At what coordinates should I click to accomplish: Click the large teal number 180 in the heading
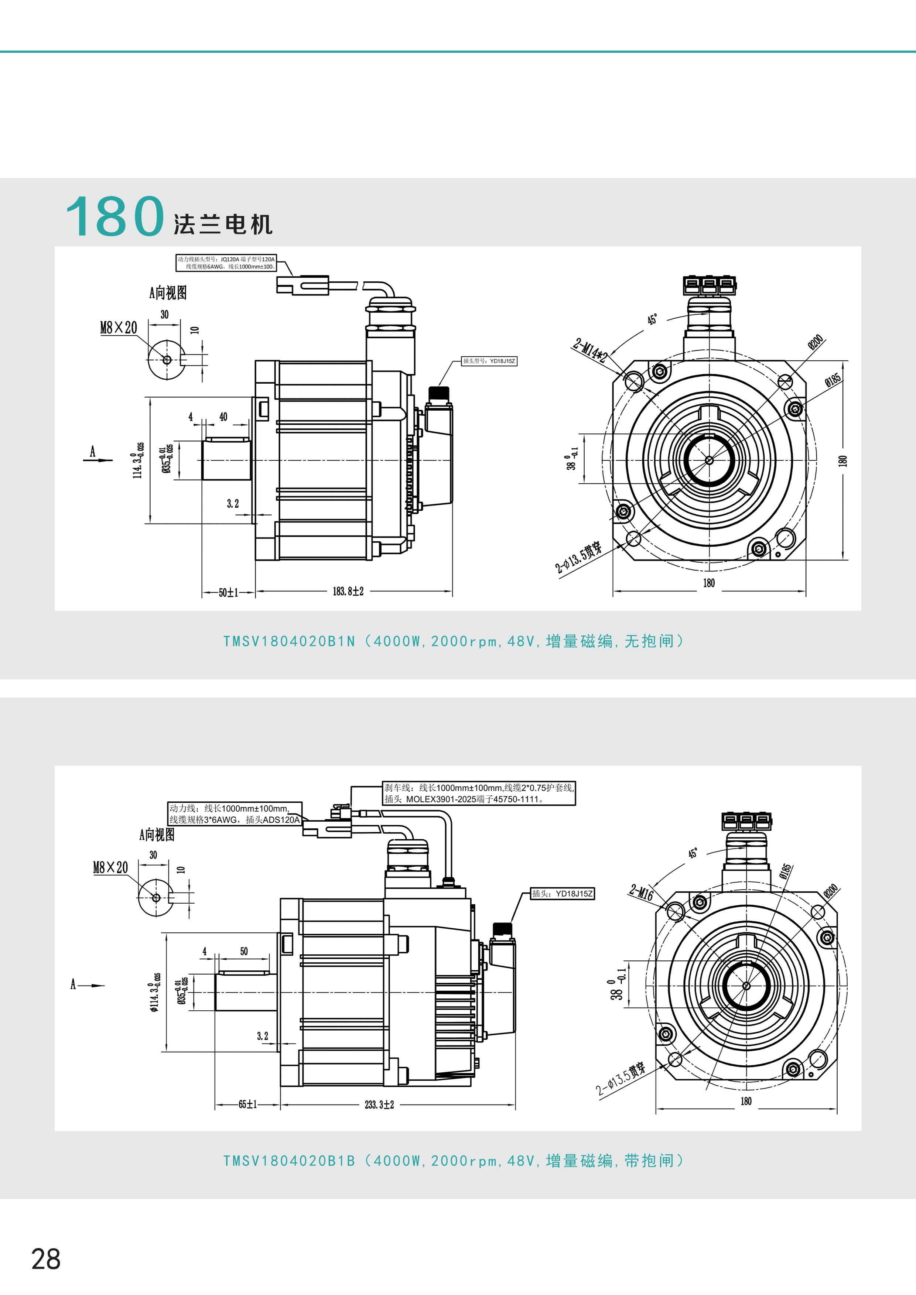[115, 216]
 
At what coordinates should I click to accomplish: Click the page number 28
[46, 1258]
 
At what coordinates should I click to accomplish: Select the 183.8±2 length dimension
[348, 591]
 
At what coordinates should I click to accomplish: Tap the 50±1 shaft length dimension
[228, 592]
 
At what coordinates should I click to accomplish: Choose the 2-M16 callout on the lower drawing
[641, 892]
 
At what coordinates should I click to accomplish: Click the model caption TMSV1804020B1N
[289, 641]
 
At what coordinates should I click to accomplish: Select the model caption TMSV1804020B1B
[289, 1161]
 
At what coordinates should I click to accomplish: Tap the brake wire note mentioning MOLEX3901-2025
[479, 793]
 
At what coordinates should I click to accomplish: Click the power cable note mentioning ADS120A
[235, 814]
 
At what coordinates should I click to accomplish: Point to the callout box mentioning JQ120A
[226, 263]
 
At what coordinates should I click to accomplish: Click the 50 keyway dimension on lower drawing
[244, 951]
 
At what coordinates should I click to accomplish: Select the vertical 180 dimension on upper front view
[842, 460]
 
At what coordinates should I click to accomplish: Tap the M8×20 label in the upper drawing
[119, 328]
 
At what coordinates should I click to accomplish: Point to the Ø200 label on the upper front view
[816, 342]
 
